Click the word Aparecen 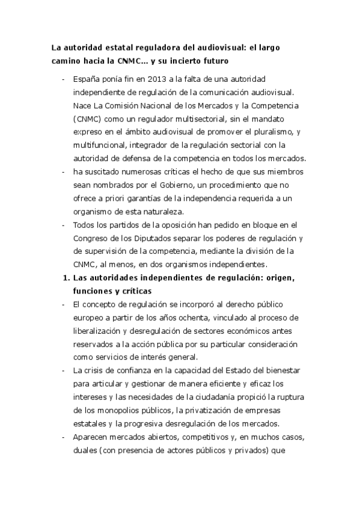[x=91, y=437]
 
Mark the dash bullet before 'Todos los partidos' [x=64, y=225]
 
